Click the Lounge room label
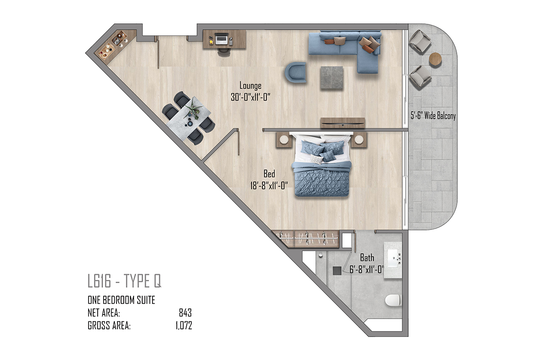250,85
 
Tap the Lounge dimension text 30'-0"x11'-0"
251,97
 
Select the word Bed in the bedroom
269,174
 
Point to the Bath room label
367,258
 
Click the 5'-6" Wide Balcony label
433,116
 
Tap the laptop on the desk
221,39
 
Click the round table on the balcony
436,59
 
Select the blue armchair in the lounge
296,72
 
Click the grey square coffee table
332,78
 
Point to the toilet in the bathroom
393,301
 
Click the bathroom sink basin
394,258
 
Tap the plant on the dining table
193,110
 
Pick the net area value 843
185,313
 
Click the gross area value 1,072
184,326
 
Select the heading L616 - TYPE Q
124,281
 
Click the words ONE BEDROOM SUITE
121,300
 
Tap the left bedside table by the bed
284,139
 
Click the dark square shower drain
337,270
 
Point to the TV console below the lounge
342,123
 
